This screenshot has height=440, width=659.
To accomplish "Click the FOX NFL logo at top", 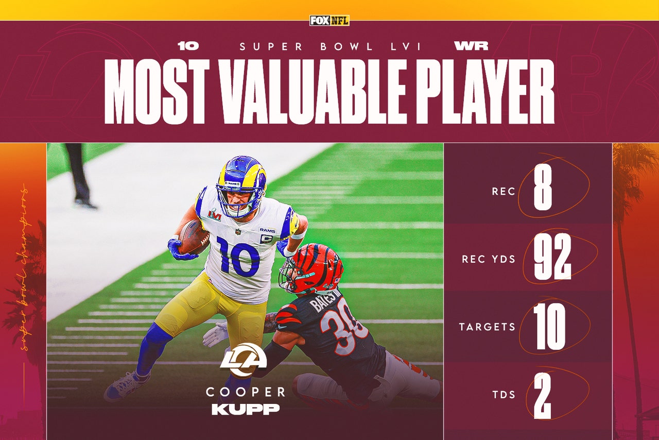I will click(x=329, y=21).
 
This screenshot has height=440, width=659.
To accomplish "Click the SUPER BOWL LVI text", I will click(x=329, y=47).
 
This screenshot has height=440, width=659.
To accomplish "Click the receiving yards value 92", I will click(x=552, y=259).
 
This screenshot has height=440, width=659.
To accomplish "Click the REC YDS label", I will click(x=489, y=259).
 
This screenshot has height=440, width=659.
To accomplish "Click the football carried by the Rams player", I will click(x=193, y=236).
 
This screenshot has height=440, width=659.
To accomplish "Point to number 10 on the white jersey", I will click(x=238, y=256).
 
